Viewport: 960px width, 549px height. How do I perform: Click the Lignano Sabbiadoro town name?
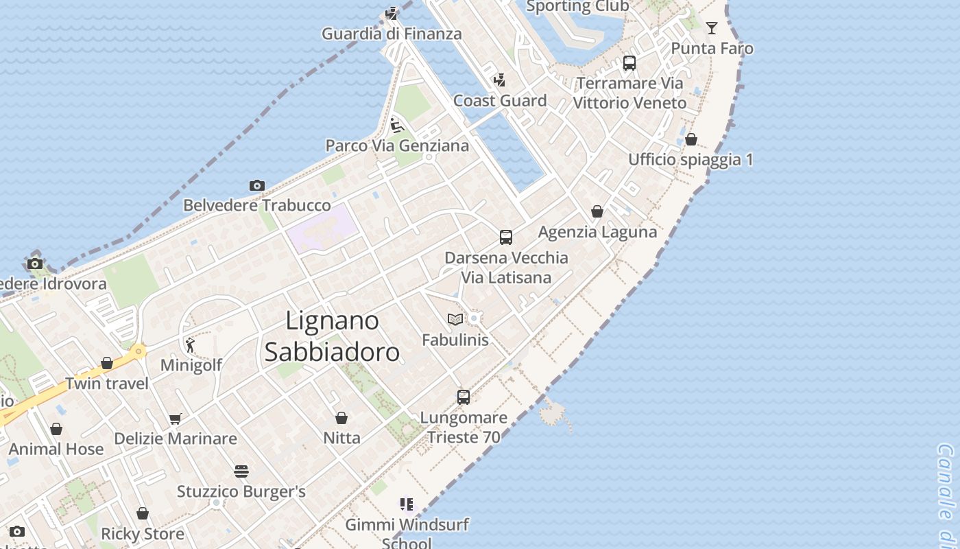click(x=332, y=336)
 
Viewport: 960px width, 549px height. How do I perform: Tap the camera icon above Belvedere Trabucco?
click(x=257, y=185)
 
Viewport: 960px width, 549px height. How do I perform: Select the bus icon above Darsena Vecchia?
click(x=506, y=237)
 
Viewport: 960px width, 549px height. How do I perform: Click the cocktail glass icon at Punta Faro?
click(x=712, y=28)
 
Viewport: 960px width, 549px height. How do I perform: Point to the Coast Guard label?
click(x=500, y=101)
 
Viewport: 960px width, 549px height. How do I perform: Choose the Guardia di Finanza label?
click(x=392, y=34)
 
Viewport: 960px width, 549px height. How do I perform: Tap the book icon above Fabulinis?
click(x=455, y=319)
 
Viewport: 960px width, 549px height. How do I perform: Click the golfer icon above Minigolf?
click(x=190, y=345)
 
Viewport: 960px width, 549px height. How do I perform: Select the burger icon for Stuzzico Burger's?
click(x=241, y=471)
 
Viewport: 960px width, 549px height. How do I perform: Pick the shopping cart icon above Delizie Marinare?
click(x=176, y=419)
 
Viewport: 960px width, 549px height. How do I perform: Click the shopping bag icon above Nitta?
click(x=341, y=418)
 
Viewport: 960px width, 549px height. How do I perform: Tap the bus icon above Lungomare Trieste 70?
click(x=464, y=397)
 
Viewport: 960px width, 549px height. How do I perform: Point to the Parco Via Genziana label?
click(x=397, y=145)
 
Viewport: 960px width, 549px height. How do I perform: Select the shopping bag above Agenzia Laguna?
click(x=597, y=211)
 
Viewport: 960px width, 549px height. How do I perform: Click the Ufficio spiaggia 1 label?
click(x=691, y=160)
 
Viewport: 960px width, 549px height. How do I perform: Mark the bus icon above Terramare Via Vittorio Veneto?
click(x=629, y=63)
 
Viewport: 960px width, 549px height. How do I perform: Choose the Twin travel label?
click(x=107, y=384)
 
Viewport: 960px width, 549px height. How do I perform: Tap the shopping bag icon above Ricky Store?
click(x=143, y=513)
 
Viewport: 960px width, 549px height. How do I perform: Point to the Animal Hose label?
click(x=56, y=449)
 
